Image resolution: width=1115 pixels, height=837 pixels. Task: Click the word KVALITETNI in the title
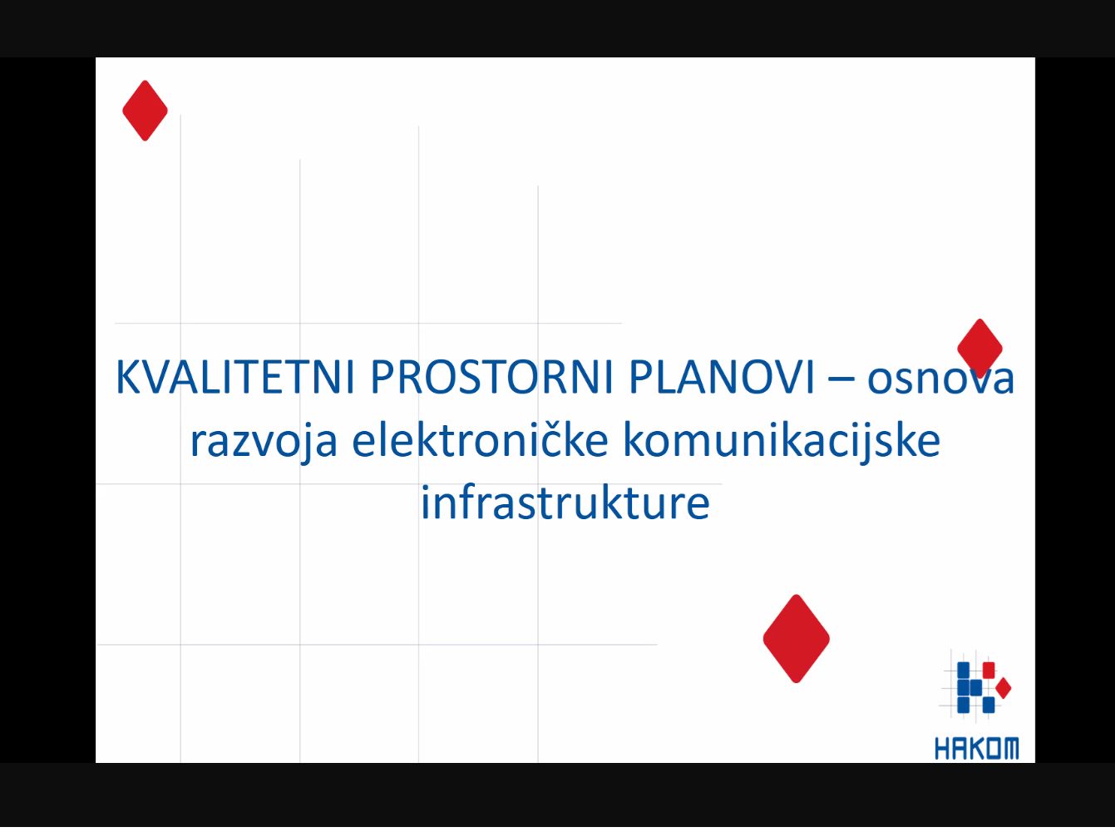(235, 377)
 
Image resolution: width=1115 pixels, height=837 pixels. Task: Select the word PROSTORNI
(491, 377)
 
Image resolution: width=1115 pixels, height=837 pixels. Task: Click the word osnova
(940, 379)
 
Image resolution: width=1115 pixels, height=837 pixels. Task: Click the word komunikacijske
(782, 441)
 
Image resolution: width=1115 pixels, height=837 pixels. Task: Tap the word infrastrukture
(565, 501)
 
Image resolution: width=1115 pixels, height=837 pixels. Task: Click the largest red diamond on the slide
(796, 639)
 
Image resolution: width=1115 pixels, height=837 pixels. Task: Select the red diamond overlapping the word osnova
(979, 349)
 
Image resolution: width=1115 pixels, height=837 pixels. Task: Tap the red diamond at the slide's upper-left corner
(146, 111)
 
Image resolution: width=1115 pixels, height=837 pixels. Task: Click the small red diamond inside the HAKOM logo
(1004, 688)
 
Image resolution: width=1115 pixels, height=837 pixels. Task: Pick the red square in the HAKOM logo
(989, 671)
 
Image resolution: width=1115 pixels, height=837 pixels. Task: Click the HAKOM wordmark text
(977, 749)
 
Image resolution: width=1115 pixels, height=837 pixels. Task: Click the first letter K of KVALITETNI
(128, 377)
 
